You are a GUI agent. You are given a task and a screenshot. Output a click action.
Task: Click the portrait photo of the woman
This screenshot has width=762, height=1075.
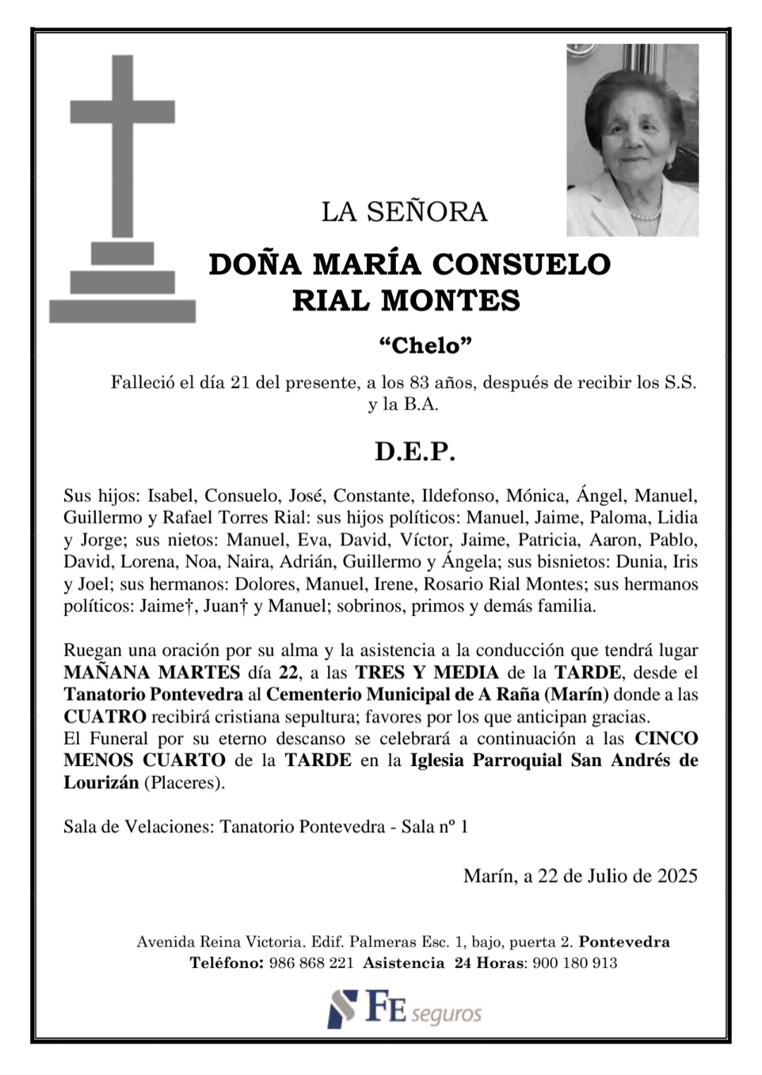click(632, 140)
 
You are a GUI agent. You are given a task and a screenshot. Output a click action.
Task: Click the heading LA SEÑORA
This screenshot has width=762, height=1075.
click(404, 212)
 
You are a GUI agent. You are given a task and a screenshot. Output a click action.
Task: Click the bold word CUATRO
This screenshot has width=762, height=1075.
click(105, 717)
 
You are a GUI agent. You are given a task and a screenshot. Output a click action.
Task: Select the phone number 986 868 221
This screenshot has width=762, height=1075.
click(312, 963)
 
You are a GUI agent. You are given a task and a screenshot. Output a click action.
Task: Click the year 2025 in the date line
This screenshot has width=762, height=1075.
click(677, 876)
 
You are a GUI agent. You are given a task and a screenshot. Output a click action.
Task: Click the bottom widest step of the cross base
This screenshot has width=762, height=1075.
click(122, 311)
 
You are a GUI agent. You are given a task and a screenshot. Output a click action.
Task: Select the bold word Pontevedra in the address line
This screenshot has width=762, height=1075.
click(624, 942)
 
